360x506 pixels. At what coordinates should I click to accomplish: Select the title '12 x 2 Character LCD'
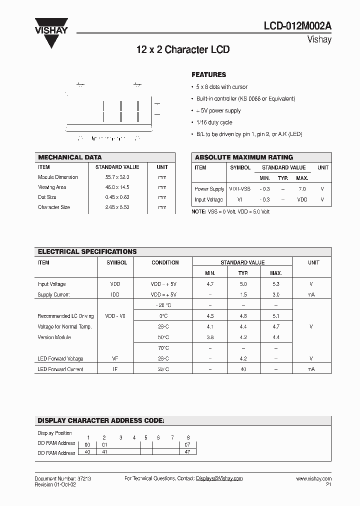tap(182, 50)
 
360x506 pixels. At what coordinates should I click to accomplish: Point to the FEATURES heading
tap(209, 74)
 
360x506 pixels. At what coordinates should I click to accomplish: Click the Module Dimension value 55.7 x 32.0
tap(117, 177)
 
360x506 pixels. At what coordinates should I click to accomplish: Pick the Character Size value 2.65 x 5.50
tap(117, 207)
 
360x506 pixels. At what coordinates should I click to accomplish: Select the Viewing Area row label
tap(52, 187)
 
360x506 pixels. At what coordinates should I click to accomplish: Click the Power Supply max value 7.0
tap(302, 189)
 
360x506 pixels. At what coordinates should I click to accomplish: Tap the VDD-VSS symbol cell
tap(239, 189)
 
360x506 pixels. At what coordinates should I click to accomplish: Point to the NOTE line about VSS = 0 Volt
tap(231, 211)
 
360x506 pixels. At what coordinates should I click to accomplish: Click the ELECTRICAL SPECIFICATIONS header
tap(87, 251)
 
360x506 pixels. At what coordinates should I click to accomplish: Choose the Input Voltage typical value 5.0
tap(243, 284)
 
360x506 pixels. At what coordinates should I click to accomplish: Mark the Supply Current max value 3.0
tap(275, 295)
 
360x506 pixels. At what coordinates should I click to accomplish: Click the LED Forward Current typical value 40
tap(243, 369)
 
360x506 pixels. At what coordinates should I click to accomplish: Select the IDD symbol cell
tap(115, 295)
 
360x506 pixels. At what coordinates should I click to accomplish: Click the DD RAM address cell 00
tap(88, 444)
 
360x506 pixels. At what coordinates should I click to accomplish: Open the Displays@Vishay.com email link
tap(219, 478)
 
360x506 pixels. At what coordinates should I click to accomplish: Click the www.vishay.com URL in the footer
tap(313, 478)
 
